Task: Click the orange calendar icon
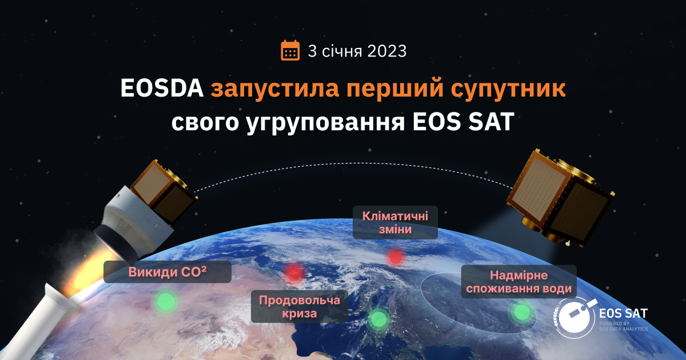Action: (x=290, y=51)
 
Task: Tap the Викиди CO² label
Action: (x=167, y=272)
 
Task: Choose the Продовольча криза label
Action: (x=300, y=306)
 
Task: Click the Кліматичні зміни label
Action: (x=395, y=222)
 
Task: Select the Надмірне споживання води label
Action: (x=519, y=282)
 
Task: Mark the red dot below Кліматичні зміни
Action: (x=395, y=257)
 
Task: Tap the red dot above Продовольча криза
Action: (x=294, y=273)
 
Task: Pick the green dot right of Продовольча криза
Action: (x=378, y=319)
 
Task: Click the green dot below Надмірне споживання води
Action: (x=521, y=312)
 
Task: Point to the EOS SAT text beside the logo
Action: (x=623, y=314)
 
